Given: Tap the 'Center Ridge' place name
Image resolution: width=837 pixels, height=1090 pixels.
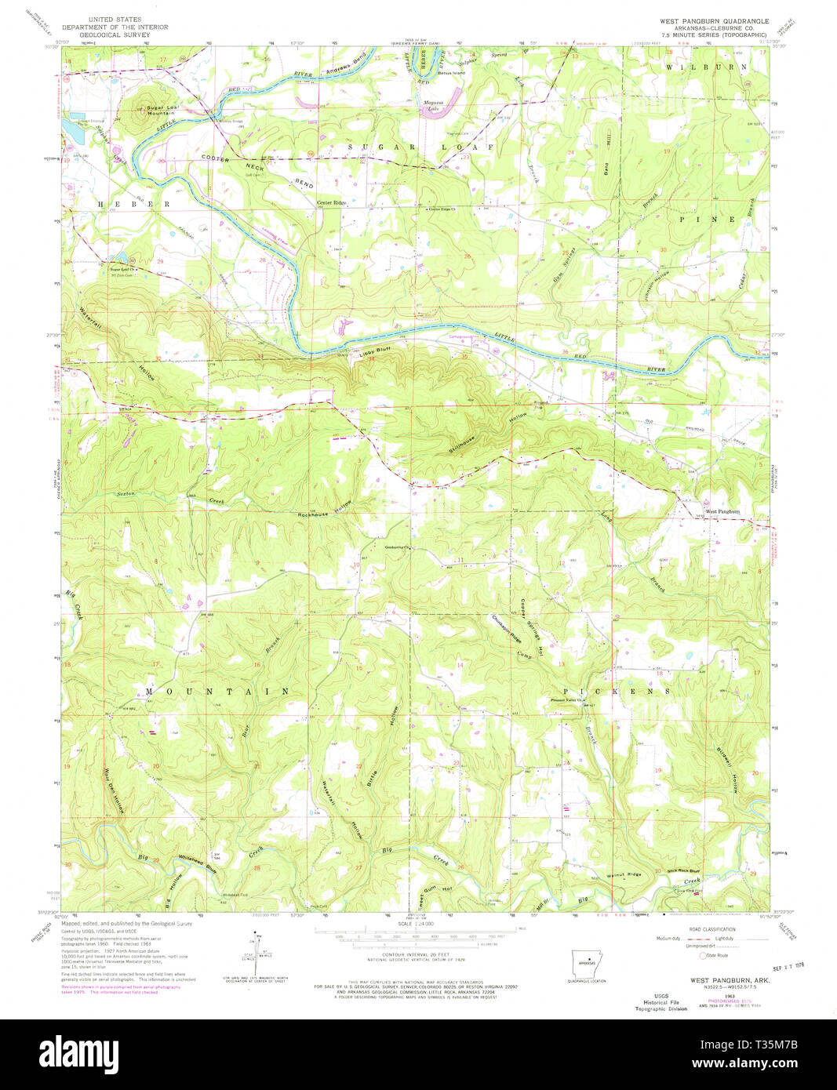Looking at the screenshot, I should click(x=331, y=203).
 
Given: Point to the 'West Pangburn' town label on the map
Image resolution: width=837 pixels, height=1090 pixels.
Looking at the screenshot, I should click(x=722, y=511).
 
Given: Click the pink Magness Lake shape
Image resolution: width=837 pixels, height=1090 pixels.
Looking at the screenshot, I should click(x=436, y=111).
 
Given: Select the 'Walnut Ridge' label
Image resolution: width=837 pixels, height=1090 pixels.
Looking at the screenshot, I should click(x=624, y=874).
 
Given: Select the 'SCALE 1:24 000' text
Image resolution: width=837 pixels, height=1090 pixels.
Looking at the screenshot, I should click(x=416, y=925).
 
